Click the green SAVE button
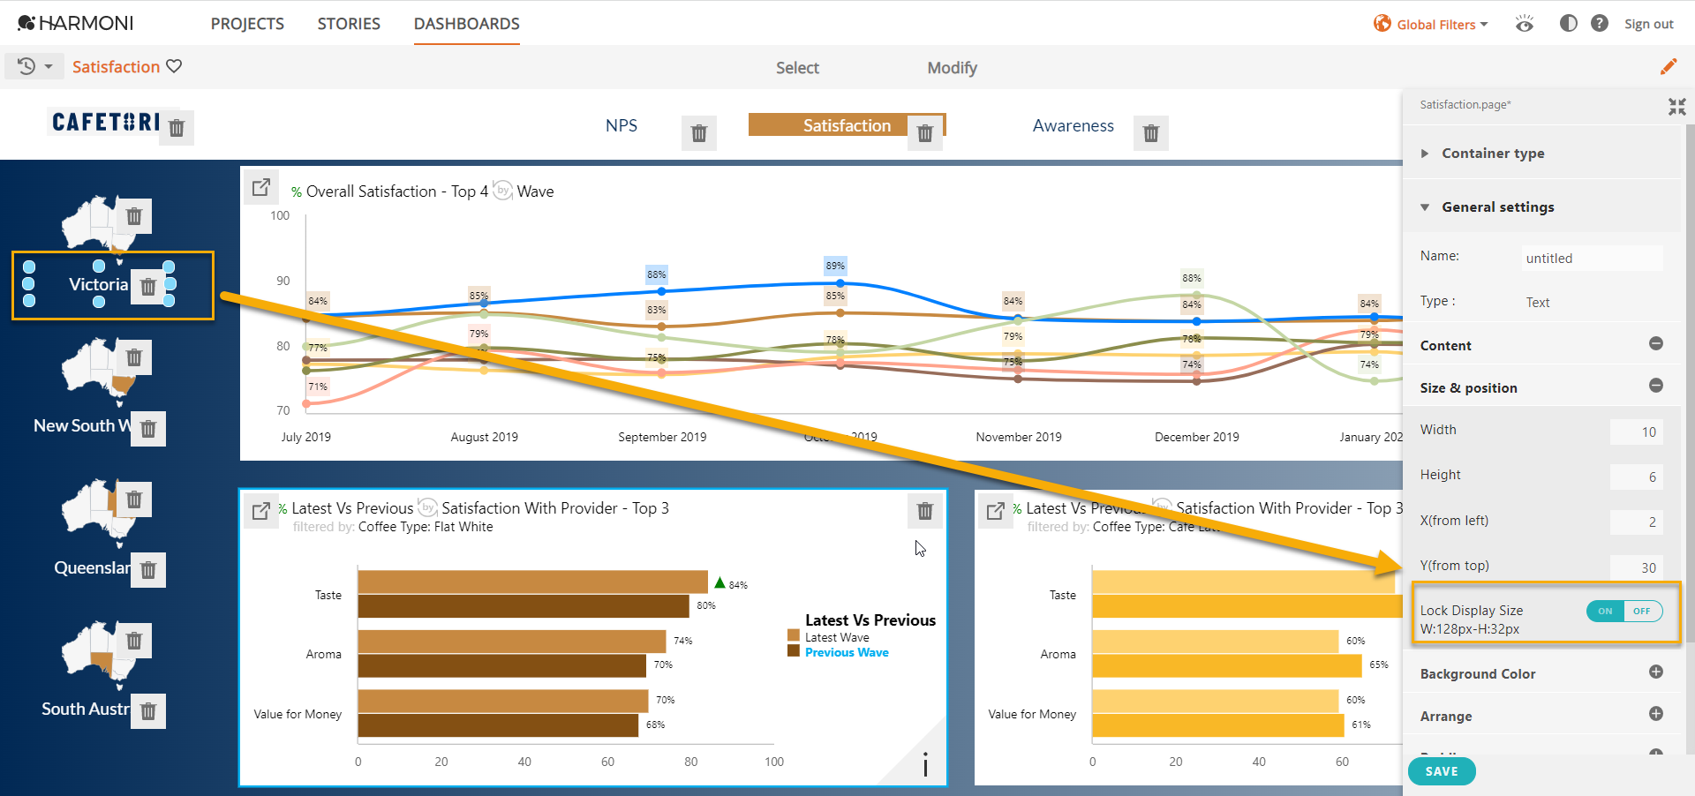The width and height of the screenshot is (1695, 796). point(1441,771)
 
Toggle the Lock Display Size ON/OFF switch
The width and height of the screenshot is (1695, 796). point(1623,611)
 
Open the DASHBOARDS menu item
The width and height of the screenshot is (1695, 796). point(466,24)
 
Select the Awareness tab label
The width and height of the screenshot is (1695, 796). point(1073,126)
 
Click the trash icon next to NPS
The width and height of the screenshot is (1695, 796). point(698,133)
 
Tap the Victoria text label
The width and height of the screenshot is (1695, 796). point(98,284)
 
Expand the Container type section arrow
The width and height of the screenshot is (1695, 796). point(1424,154)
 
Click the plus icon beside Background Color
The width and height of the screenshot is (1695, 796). point(1655,672)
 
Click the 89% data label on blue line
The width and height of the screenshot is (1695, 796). point(835,266)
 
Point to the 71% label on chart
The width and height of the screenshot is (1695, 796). point(318,387)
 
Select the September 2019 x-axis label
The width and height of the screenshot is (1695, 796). point(662,437)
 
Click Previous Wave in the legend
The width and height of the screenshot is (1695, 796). point(846,653)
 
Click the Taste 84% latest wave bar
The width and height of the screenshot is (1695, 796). point(532,582)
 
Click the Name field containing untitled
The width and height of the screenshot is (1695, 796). point(1592,259)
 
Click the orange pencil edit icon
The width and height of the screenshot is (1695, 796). point(1668,67)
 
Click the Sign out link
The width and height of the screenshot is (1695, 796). point(1648,25)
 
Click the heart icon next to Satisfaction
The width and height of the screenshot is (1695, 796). point(174,66)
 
